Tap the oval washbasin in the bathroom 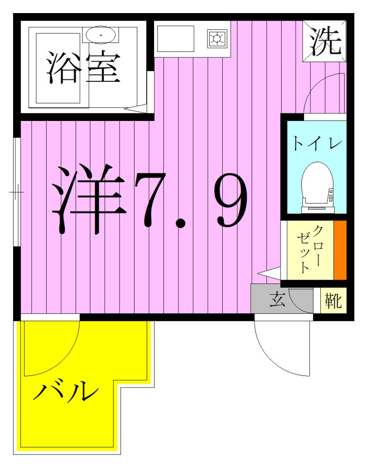point(101,35)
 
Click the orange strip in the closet point(340,250)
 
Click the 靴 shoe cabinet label point(334,300)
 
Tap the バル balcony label point(66,391)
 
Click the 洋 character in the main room point(89,198)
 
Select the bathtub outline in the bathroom point(59,68)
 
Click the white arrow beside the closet point(269,273)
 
